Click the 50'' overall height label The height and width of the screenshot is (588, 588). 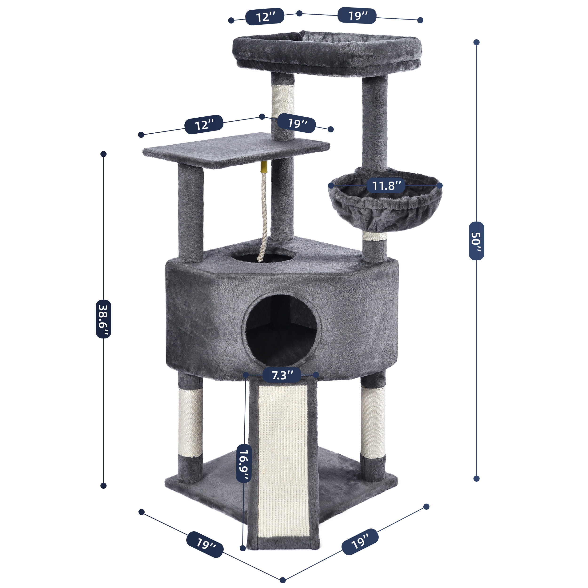tap(476, 241)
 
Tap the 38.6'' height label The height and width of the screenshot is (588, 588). tap(103, 319)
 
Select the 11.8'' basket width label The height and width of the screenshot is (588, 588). tap(385, 185)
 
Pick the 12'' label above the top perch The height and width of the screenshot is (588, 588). tap(265, 16)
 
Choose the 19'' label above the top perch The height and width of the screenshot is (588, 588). tap(357, 15)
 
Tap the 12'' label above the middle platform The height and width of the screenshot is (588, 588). tap(204, 124)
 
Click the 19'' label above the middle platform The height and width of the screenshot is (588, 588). tap(296, 123)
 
